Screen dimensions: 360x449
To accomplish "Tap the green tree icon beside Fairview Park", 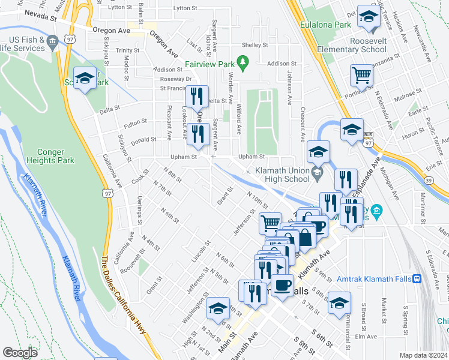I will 243,61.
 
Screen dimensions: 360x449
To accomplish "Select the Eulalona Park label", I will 327,25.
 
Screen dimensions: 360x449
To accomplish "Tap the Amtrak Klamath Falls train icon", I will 417,278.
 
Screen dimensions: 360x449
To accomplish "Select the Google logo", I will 19,353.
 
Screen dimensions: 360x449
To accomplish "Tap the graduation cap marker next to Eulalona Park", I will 367,18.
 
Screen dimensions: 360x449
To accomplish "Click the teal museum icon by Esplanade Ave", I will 376,211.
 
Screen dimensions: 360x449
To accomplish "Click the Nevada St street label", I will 40,19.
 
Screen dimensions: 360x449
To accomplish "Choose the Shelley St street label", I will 255,45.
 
